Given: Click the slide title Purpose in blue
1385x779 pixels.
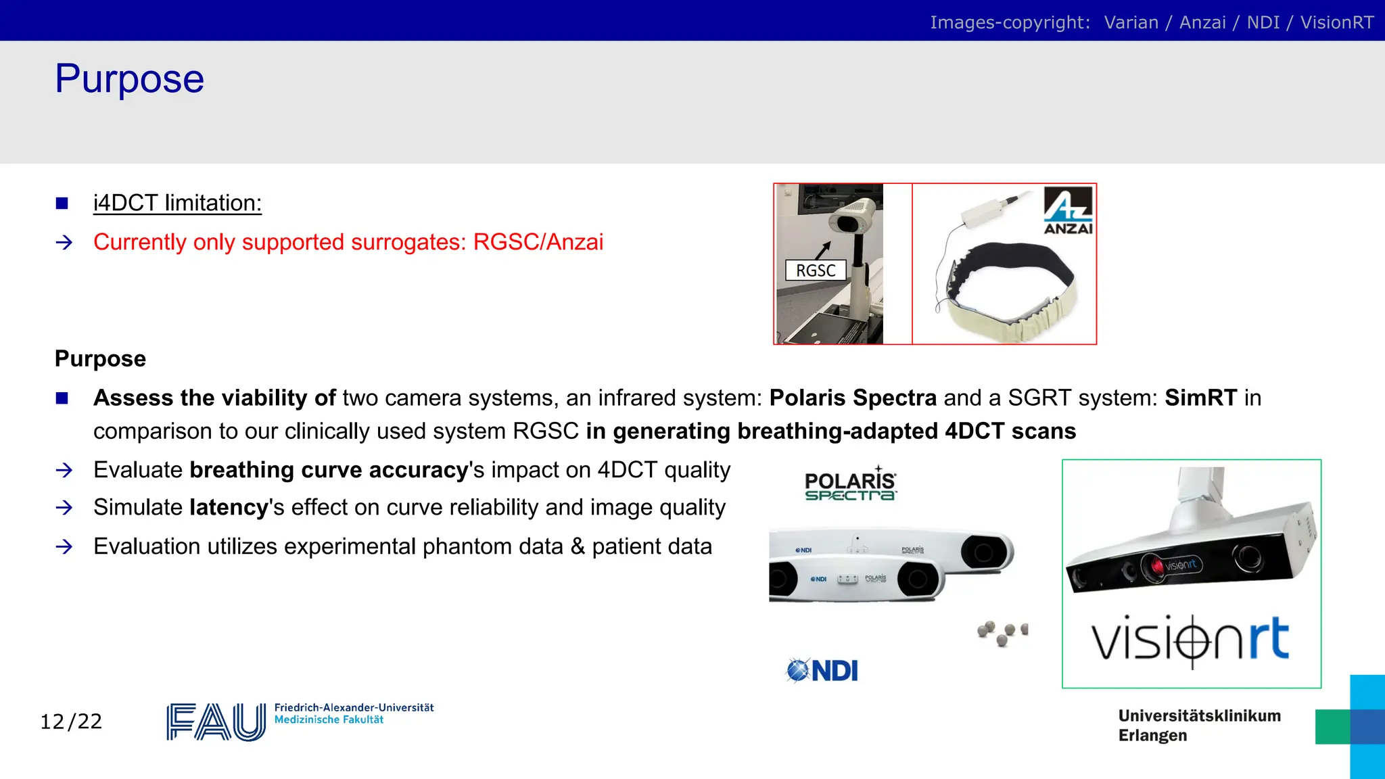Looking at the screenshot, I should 129,79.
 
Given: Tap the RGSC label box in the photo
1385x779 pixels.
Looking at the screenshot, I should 816,270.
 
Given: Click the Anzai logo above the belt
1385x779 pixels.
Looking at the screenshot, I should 1068,210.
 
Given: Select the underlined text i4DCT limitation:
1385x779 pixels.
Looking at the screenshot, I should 177,203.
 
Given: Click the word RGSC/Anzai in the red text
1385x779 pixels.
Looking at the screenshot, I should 538,242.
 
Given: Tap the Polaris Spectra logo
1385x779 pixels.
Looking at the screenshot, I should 850,485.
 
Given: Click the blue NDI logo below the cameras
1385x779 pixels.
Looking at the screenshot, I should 822,671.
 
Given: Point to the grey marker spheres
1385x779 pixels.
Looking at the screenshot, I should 1002,633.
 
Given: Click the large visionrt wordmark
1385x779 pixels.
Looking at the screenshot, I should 1190,639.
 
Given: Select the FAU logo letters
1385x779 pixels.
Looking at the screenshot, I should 216,722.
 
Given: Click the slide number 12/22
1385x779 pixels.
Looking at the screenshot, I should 71,722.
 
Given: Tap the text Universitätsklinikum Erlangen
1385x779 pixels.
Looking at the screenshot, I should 1198,726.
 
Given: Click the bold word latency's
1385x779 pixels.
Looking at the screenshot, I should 230,508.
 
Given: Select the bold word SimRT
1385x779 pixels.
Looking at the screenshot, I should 1200,398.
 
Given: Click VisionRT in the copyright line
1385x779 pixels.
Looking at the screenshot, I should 1336,22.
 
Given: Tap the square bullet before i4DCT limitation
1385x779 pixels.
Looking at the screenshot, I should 62,203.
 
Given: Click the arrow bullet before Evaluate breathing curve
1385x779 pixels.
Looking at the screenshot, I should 64,470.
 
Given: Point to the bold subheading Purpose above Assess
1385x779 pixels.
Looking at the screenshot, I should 100,358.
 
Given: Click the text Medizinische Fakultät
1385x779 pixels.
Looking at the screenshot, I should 329,720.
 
